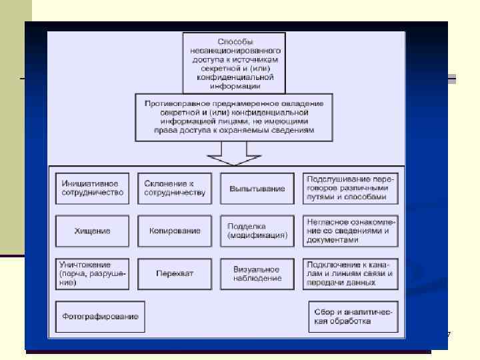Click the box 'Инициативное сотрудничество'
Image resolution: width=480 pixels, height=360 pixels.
(x=93, y=188)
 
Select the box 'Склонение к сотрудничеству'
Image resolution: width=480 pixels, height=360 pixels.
(x=175, y=188)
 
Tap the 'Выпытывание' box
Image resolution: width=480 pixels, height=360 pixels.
(x=257, y=189)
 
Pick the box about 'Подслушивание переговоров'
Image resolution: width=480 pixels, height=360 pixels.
(x=350, y=188)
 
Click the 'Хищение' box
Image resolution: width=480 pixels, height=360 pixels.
(x=93, y=230)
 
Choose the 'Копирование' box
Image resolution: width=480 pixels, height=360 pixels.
(x=175, y=230)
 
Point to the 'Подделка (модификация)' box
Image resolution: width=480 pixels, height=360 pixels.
(x=257, y=230)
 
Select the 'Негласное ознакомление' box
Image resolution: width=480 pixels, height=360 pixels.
(x=350, y=230)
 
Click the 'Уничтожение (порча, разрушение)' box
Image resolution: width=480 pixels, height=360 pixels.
(x=93, y=273)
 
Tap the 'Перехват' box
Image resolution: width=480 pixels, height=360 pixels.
(x=175, y=273)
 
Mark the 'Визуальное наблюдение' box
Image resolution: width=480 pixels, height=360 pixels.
(x=257, y=273)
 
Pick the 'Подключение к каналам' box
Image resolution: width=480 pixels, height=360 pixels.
(x=350, y=273)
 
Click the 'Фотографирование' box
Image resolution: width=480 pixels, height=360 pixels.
(x=101, y=315)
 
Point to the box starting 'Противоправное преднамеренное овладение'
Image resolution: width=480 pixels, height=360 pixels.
(x=233, y=117)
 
